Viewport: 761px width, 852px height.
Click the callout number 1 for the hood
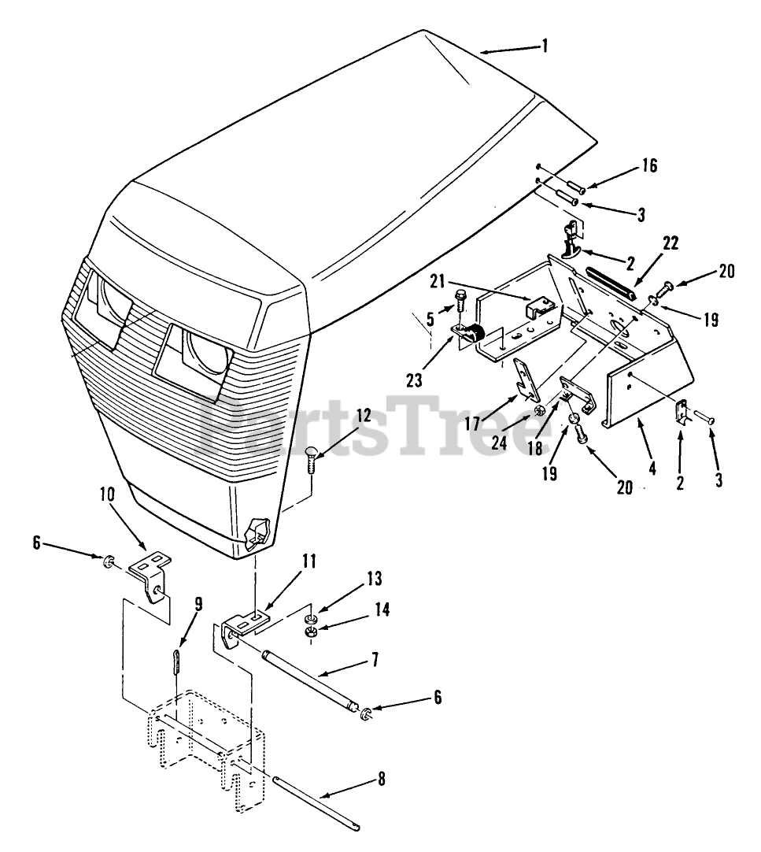point(545,45)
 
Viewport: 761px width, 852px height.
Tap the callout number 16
point(648,166)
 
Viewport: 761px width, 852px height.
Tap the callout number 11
point(309,561)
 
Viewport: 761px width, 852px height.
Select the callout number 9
point(198,604)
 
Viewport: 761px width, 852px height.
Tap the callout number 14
point(381,609)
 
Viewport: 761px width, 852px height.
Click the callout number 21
point(439,280)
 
